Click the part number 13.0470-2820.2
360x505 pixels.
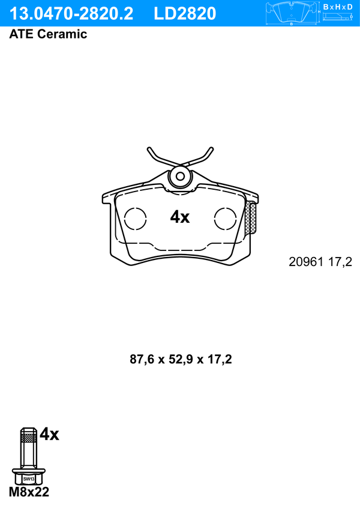coord(71,14)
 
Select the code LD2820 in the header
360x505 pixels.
coord(185,14)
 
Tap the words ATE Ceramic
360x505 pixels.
coord(48,34)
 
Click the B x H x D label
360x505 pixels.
coord(338,7)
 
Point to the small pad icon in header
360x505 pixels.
coord(292,13)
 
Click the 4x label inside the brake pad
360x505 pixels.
coord(180,217)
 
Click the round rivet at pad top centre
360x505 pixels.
coord(181,177)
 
